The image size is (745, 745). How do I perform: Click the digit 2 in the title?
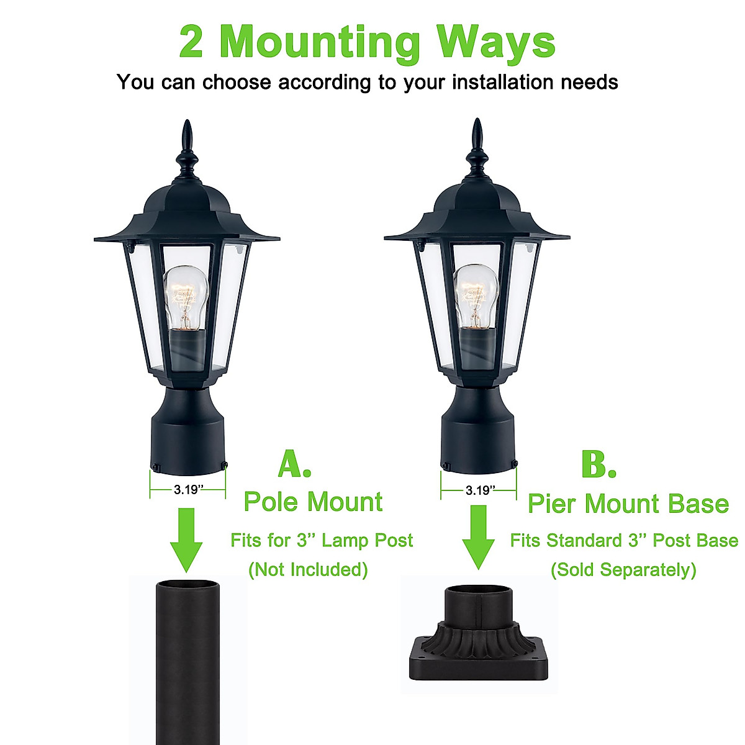[x=191, y=42]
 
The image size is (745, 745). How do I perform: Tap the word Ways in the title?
[x=495, y=42]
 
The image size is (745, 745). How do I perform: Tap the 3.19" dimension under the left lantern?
[x=187, y=490]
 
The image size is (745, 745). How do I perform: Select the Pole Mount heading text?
[x=313, y=502]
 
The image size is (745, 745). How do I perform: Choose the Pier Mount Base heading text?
[x=628, y=503]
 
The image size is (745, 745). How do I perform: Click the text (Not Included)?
[x=308, y=569]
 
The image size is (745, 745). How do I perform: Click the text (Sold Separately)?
[x=623, y=569]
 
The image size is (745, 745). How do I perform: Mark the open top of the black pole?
[x=186, y=585]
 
